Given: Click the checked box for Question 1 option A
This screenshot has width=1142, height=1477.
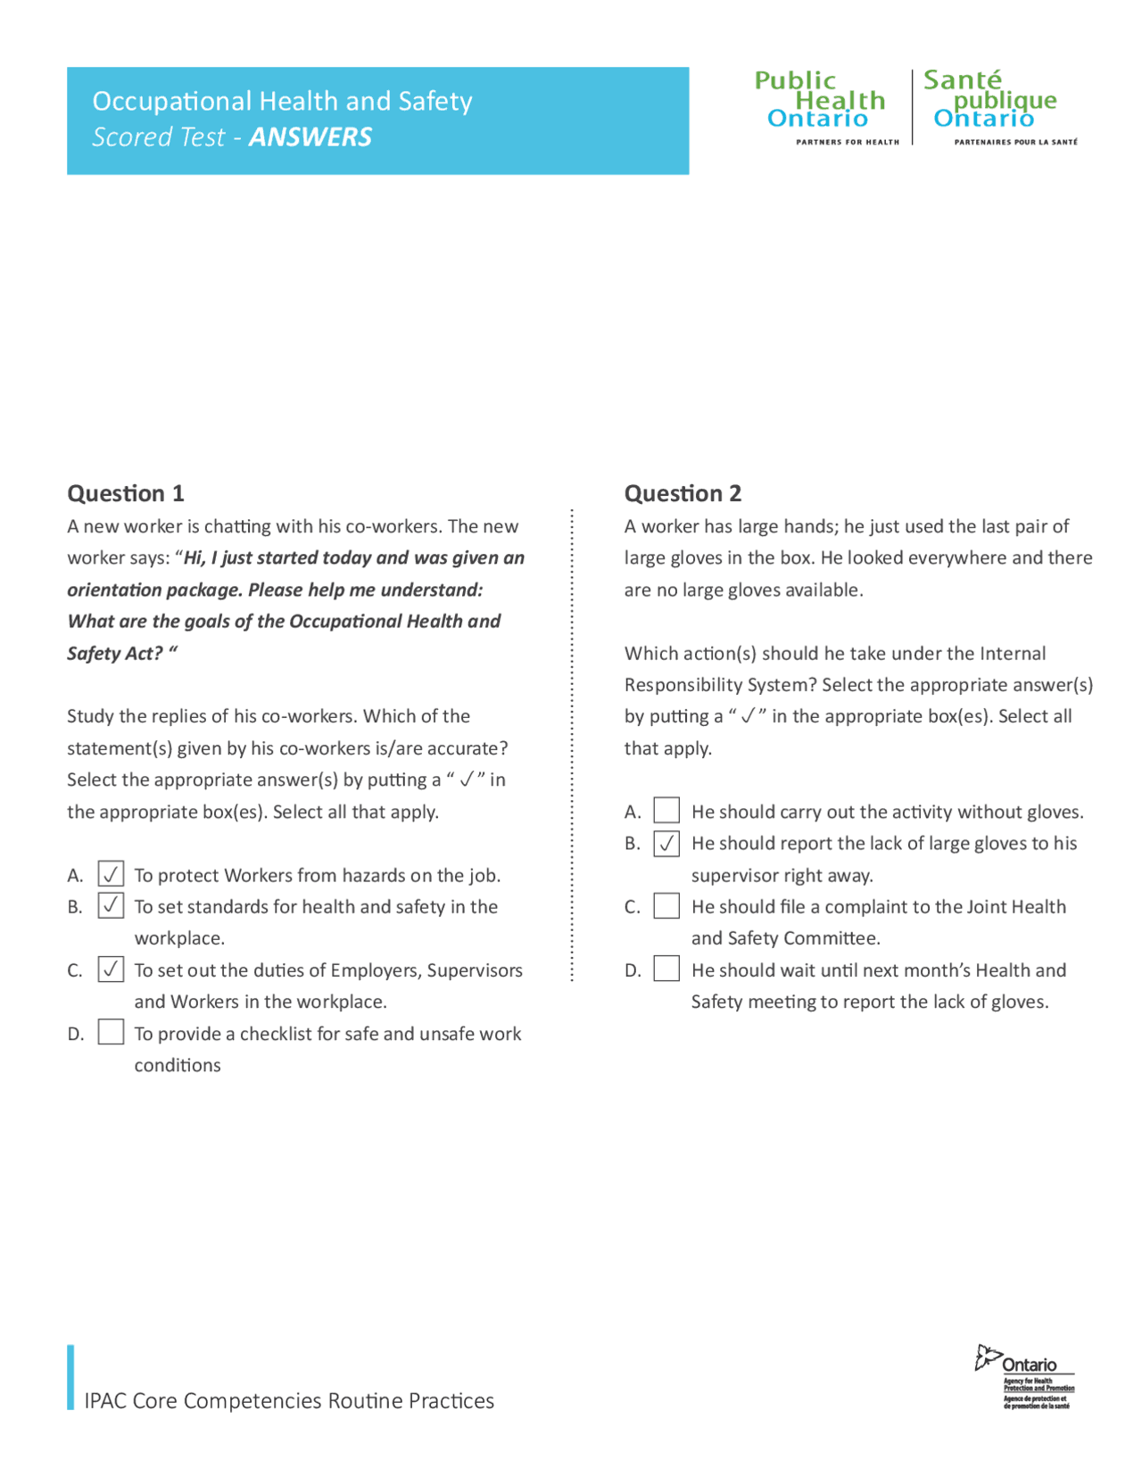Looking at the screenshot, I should [x=111, y=874].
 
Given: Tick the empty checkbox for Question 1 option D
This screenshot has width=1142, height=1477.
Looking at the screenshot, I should [x=111, y=1032].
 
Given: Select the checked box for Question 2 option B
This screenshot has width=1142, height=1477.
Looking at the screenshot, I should [x=666, y=843].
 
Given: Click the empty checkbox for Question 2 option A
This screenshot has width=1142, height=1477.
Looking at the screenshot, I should [x=666, y=810].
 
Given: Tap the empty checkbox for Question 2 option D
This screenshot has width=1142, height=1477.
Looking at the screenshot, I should [x=666, y=969].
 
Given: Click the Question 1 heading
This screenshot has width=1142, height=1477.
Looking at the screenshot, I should [x=126, y=493].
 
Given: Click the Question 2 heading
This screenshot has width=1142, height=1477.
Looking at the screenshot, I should [x=683, y=493].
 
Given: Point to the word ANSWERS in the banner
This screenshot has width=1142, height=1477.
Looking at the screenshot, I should [x=310, y=137].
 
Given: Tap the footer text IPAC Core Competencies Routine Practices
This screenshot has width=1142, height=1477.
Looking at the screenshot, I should [x=289, y=1400].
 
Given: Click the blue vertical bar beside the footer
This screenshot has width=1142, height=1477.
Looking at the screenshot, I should [x=70, y=1377].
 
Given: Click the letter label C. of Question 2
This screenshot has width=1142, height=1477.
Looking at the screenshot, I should [x=632, y=907].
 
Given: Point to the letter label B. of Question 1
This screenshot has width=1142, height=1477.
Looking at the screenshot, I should [x=75, y=907].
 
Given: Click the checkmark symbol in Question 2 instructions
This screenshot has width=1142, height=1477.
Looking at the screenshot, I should [x=748, y=716].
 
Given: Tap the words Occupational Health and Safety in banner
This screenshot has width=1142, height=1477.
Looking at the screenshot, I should [x=282, y=101].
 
